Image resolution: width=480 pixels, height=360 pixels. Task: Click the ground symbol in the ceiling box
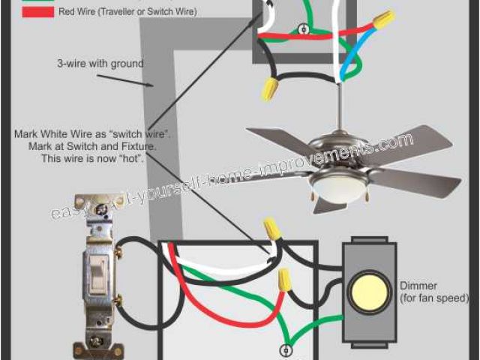coord(303,30)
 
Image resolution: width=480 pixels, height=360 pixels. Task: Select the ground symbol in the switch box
coord(285,350)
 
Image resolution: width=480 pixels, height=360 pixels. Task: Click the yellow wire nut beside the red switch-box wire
coord(284,281)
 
